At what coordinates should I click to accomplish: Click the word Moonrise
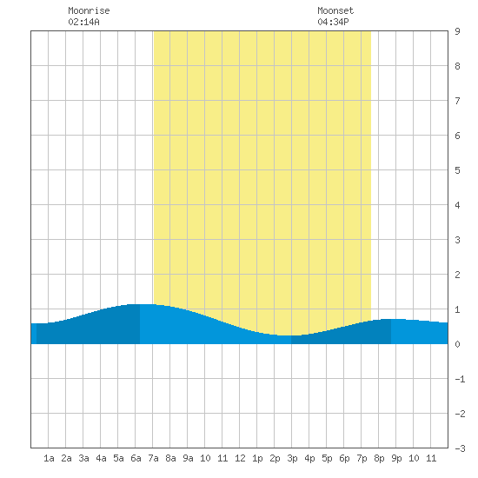coord(89,10)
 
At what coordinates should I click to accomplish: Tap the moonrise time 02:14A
coord(83,22)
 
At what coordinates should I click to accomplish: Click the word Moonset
coord(335,10)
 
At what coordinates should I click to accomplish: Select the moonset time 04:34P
coord(333,22)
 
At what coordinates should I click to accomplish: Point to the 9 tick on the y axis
coord(457,31)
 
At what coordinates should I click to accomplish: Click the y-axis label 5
coord(457,170)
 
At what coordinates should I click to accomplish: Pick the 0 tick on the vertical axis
coord(457,344)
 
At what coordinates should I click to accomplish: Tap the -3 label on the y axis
coord(460,448)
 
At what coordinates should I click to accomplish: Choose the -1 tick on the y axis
coord(460,379)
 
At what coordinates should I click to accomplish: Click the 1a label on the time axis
coord(49,458)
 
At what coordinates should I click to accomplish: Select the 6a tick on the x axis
coord(136,458)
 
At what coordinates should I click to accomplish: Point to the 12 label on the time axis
coord(240,458)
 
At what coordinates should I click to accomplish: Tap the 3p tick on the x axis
coord(292,458)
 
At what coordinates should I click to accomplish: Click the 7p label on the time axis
coord(362,458)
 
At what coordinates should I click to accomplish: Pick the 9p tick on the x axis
coord(396,458)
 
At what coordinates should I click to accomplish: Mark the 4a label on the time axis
coord(101,458)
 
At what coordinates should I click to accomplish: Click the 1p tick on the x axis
coord(257,458)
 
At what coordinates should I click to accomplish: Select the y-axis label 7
coord(457,101)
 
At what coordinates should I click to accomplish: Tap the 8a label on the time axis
coord(170,458)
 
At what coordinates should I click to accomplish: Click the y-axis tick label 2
coord(457,275)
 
